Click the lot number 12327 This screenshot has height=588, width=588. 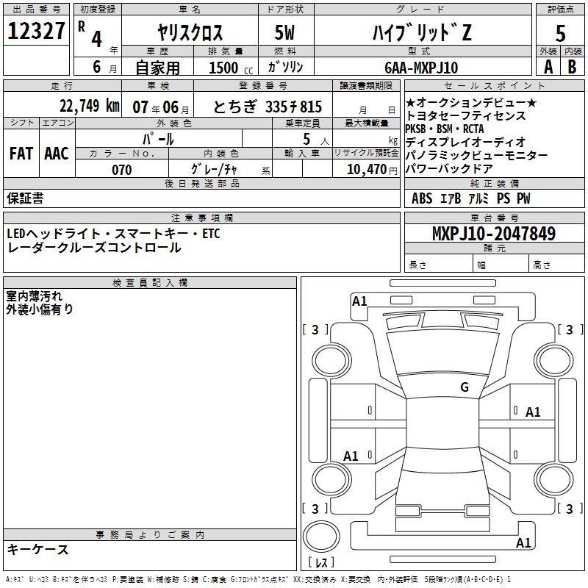coord(37,32)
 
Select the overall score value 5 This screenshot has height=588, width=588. coord(560,34)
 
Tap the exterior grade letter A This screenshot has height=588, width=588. coord(548,66)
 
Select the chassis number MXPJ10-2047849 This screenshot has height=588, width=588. coord(493,234)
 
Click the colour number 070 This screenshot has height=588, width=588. coord(121,170)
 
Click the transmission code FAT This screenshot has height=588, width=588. coord(21,154)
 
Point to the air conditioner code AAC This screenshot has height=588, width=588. coord(56,154)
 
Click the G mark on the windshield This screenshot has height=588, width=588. coord(464,387)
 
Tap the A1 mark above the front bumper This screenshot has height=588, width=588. coord(359,301)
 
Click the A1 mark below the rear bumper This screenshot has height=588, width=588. coord(523,543)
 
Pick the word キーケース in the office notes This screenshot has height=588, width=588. coord(37,549)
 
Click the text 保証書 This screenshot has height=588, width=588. coord(25,198)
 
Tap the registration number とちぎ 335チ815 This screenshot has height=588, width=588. coord(268,106)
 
